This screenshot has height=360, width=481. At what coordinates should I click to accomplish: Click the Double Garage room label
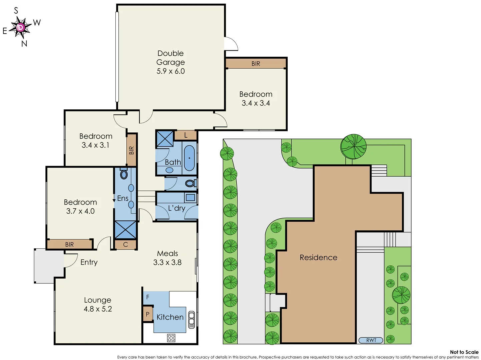point(170,58)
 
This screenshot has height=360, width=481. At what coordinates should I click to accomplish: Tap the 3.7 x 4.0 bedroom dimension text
point(80,211)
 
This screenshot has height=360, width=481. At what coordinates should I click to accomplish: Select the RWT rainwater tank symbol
point(371,340)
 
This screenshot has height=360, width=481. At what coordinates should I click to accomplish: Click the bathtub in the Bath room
point(189,158)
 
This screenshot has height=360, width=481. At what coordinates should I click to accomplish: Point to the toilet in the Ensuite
point(124,174)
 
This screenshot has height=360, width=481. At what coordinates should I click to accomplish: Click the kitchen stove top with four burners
point(171,338)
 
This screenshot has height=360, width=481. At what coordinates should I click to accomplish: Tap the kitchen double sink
point(191,319)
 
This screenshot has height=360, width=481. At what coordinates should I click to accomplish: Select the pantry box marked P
point(148,314)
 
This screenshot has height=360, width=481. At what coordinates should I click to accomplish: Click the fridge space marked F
point(148,297)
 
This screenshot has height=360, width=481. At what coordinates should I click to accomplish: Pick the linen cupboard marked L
point(186,135)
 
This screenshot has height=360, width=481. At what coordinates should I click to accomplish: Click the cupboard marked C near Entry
point(125,244)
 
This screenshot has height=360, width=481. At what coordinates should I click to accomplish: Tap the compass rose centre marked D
point(21,27)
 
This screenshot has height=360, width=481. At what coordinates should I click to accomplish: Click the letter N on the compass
point(24,44)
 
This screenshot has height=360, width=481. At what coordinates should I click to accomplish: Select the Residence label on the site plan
point(318,257)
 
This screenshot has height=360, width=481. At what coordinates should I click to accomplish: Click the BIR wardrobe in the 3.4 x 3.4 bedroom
point(256,63)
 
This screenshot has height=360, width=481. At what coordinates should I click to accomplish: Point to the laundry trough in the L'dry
point(190,197)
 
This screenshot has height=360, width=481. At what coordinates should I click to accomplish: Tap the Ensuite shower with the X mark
point(125,230)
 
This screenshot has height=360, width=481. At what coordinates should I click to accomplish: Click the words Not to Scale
point(464,352)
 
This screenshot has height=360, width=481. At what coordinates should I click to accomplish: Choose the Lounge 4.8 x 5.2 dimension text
point(98,309)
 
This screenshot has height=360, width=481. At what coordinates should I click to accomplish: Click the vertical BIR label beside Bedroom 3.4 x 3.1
point(131,150)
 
